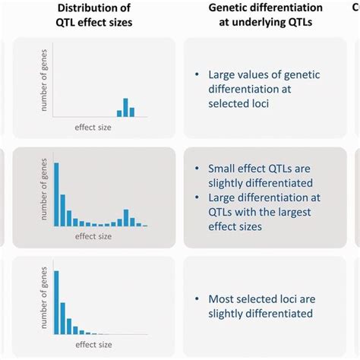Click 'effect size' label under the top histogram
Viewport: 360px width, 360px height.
coord(93,127)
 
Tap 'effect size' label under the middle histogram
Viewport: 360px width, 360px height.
coord(93,237)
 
